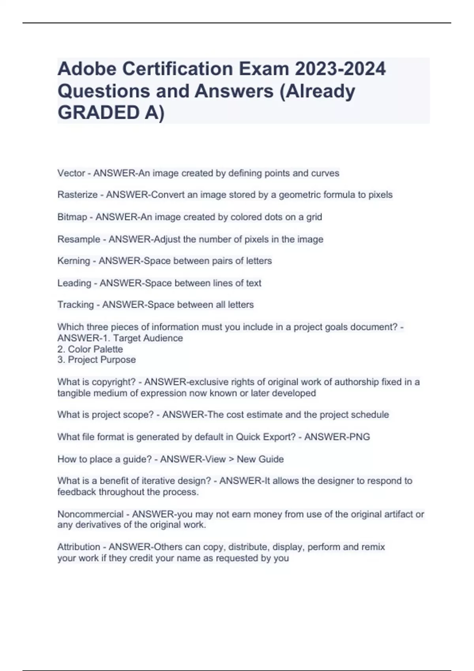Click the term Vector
(71, 173)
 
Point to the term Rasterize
(77, 195)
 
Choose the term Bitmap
(72, 217)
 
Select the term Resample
(79, 239)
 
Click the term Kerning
(73, 261)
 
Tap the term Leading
(74, 283)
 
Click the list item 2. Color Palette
(90, 349)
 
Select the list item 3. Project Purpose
(96, 360)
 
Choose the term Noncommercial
(90, 514)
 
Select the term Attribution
(79, 547)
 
